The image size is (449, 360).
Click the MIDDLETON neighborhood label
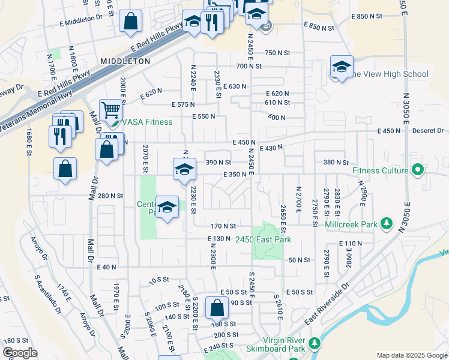(x=125, y=61)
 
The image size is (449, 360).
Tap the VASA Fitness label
(x=147, y=122)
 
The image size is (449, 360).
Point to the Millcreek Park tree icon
(x=387, y=224)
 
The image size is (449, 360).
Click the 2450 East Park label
(x=263, y=240)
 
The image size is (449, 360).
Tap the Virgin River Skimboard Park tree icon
(x=315, y=344)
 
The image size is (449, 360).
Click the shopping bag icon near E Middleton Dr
(x=130, y=22)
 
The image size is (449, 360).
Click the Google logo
(x=20, y=352)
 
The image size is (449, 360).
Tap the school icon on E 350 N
(x=184, y=170)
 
